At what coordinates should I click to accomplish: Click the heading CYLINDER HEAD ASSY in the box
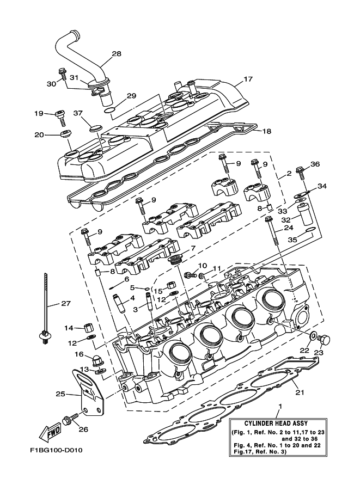277,425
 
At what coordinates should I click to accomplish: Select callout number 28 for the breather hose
116,54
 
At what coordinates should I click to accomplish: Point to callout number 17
248,79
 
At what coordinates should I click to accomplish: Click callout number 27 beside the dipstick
65,304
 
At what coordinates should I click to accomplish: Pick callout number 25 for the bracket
60,393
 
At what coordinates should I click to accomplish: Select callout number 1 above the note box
280,406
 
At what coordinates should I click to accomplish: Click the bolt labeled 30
62,73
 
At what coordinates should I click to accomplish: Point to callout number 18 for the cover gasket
266,131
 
